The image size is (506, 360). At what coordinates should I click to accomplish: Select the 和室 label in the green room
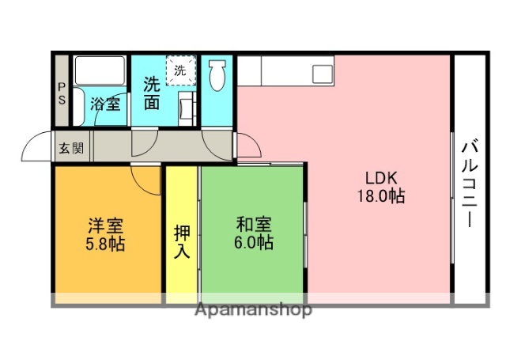coord(254,224)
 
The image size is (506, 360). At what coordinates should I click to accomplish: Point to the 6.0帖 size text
coord(254,243)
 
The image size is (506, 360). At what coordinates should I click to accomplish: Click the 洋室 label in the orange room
coord(104,225)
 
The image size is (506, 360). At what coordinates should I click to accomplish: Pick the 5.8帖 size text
coord(104,244)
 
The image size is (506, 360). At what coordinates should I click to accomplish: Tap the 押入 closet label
coord(182,242)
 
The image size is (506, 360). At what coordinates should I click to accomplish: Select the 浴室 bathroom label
coord(105,103)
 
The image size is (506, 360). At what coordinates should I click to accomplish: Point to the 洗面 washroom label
coord(152,93)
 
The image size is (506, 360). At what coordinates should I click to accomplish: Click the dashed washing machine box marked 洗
coord(179,70)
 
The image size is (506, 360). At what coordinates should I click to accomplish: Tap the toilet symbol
coord(217,78)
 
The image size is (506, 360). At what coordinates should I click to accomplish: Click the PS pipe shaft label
coord(61,93)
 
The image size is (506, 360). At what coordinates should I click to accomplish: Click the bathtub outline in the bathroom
coord(100,72)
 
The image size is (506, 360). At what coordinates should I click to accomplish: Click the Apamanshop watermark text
coord(253,309)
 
